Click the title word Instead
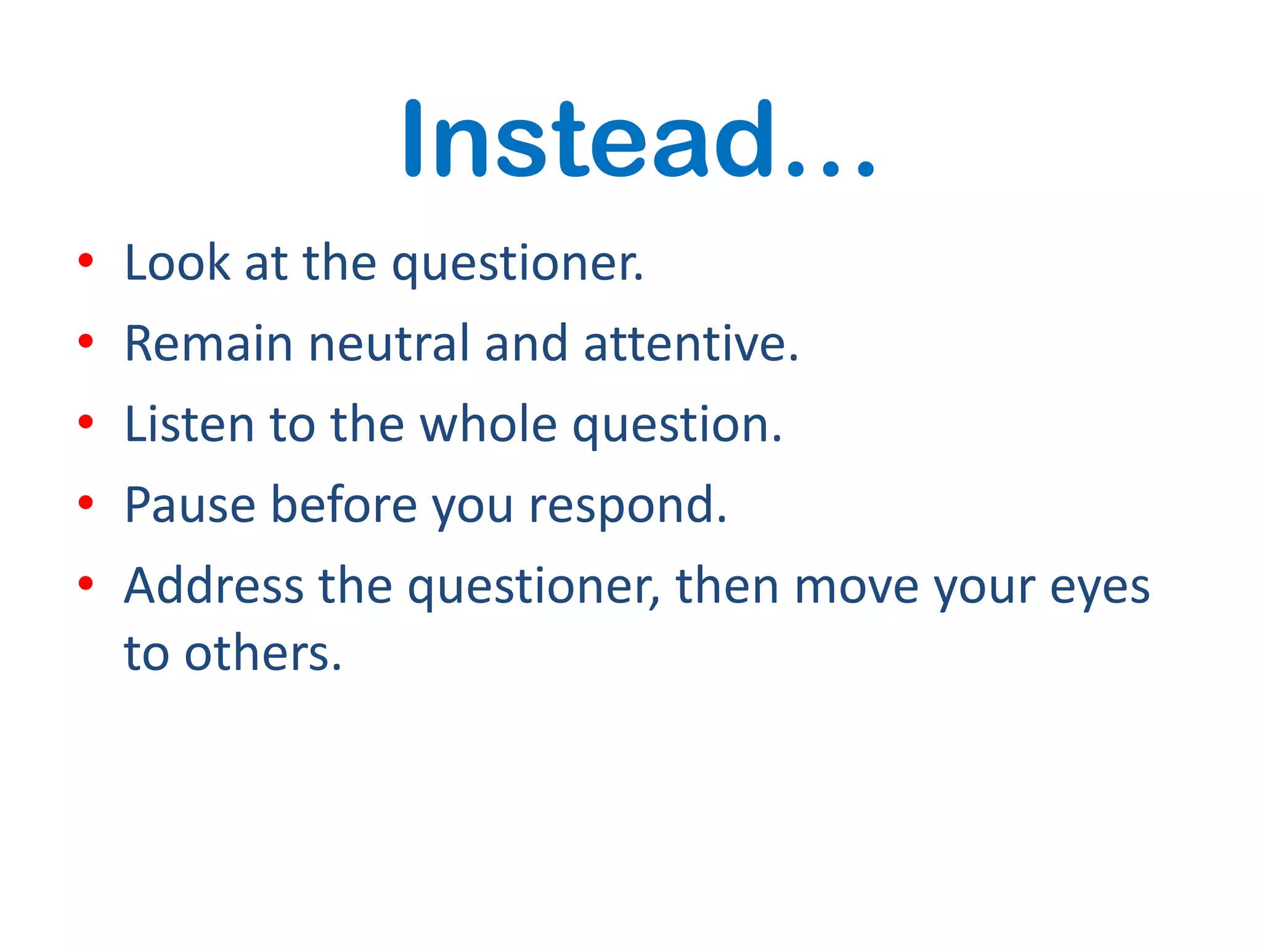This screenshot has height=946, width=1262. (588, 139)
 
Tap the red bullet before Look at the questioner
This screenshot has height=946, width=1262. (86, 261)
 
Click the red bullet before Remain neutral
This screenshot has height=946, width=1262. (86, 341)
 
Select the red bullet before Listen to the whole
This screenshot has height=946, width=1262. (86, 422)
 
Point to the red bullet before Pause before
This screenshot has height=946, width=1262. (86, 502)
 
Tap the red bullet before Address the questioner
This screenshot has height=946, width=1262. (86, 583)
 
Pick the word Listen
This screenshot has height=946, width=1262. (189, 424)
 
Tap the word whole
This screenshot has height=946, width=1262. (489, 424)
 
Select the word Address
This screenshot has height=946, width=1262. (214, 586)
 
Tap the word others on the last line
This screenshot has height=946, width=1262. (263, 653)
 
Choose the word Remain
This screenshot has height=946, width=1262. (208, 344)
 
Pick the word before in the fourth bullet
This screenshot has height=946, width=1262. (344, 505)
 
